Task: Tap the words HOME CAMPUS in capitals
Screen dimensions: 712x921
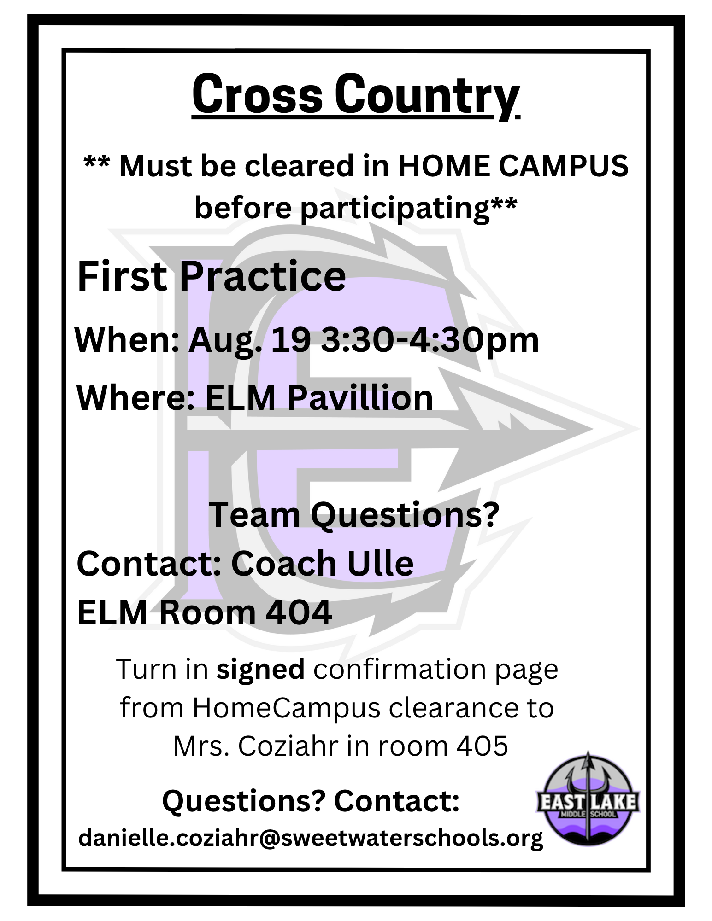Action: pos(513,166)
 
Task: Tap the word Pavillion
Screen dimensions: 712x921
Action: pos(360,397)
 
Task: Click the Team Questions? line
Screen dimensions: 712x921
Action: pos(354,516)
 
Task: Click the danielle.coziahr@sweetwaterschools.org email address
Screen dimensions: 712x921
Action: pos(311,838)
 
